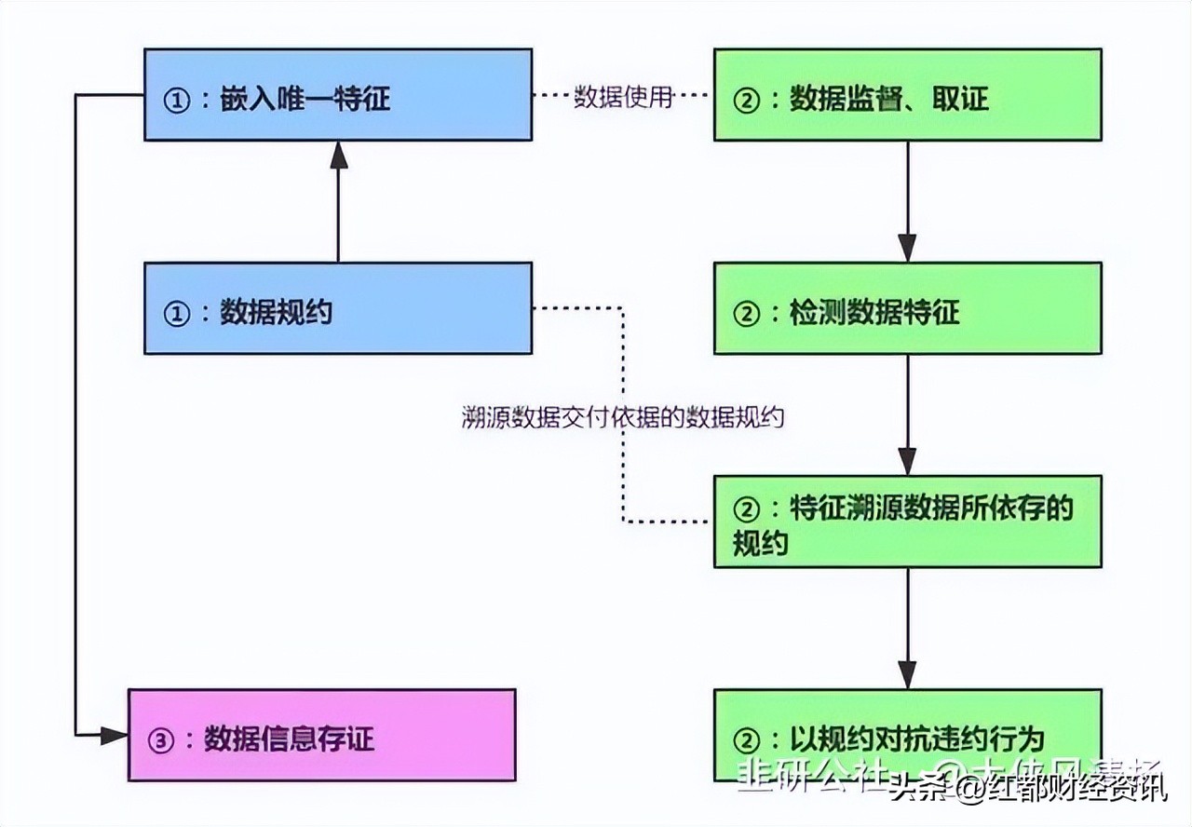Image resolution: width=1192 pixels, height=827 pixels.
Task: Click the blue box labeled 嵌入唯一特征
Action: pos(337,95)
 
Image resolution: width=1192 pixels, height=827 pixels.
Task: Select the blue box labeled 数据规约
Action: pos(337,308)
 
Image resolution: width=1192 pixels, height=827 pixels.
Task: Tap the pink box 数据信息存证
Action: pos(321,735)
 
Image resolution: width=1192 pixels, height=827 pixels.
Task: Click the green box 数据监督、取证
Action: pos(907,95)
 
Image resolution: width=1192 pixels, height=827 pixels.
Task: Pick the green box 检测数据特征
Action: pos(907,308)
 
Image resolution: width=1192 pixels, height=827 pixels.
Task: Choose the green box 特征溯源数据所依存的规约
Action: pos(907,522)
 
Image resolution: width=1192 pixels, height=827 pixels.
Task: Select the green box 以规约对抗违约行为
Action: pos(907,735)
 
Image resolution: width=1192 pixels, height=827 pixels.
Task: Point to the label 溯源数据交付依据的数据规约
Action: pos(623,417)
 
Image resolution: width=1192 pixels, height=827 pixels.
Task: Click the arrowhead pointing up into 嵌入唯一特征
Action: pos(338,156)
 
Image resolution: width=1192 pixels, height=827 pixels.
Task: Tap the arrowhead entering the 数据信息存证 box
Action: pos(115,736)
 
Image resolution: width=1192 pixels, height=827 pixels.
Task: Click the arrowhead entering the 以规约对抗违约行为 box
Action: pos(907,674)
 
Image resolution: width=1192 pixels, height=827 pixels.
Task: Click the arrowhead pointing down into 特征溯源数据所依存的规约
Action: pos(907,461)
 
